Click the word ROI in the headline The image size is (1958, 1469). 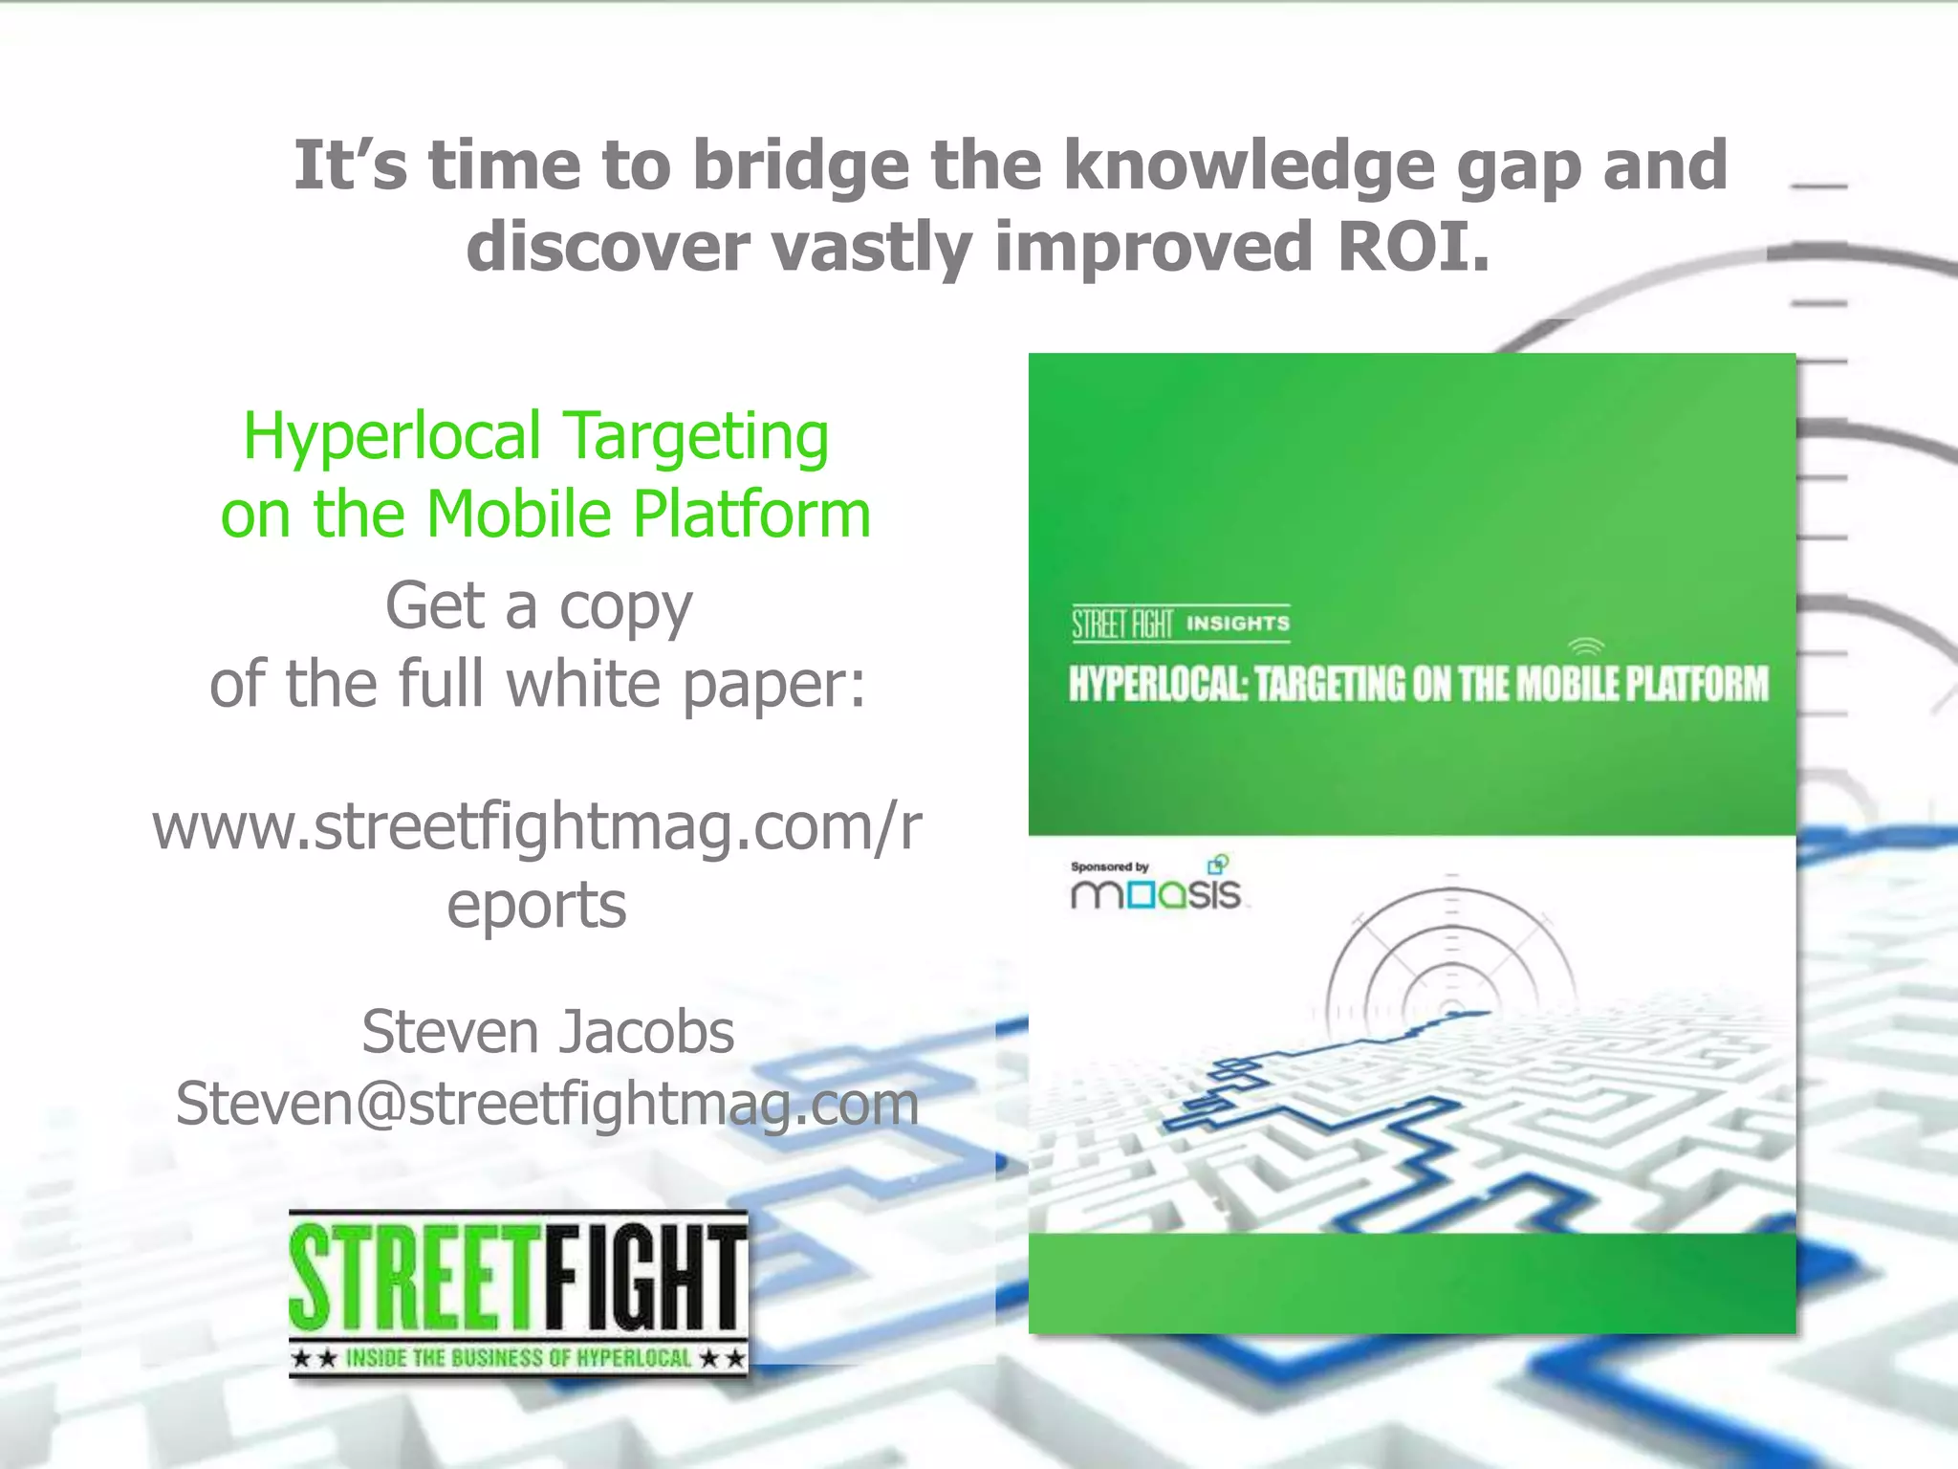pos(1413,247)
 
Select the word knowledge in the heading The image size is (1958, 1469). pos(1249,165)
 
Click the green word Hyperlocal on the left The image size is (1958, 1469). pos(392,437)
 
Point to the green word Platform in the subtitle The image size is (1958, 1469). pos(751,515)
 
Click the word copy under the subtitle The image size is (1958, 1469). pos(625,608)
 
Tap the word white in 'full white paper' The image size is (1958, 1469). pos(583,685)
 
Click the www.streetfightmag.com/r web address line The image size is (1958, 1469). pos(536,826)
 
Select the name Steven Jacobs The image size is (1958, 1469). pos(548,1032)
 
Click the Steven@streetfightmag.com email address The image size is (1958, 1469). pos(548,1104)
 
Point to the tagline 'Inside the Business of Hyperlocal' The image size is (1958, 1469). pos(518,1358)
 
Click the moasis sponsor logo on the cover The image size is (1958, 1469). pos(1156,893)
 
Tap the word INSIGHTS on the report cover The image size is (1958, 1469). pos(1238,624)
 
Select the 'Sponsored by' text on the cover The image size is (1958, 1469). pos(1109,866)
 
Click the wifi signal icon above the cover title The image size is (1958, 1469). pos(1587,646)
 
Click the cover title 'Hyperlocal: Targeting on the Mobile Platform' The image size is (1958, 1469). pos(1418,685)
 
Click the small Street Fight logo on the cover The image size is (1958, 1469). pos(1121,624)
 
